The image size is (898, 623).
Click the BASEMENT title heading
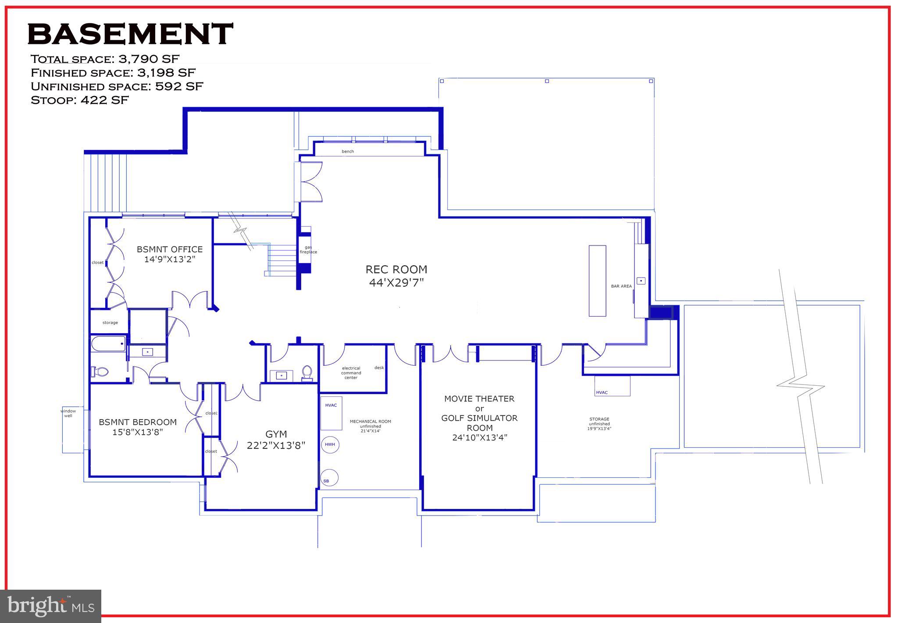tap(130, 34)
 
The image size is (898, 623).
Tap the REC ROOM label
tap(396, 269)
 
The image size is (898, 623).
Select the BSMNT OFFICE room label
tap(170, 249)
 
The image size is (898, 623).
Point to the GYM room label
tap(276, 434)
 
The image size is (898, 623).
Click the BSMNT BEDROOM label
tap(138, 422)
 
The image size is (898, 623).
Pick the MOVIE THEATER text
tap(479, 399)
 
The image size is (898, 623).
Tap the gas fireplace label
tap(308, 249)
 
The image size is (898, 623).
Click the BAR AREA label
tap(621, 286)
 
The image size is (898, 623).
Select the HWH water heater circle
tap(330, 445)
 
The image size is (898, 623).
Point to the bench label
tap(348, 152)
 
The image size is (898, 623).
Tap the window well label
tap(68, 413)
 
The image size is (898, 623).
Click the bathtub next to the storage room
tap(108, 344)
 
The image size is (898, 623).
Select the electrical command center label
tap(351, 373)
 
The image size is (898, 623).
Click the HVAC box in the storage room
tap(612, 386)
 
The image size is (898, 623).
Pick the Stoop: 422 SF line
tap(80, 100)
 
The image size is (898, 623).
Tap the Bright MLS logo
tap(51, 606)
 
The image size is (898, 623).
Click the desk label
tap(379, 367)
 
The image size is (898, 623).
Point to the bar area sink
tap(641, 280)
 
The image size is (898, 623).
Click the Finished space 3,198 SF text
tap(113, 73)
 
